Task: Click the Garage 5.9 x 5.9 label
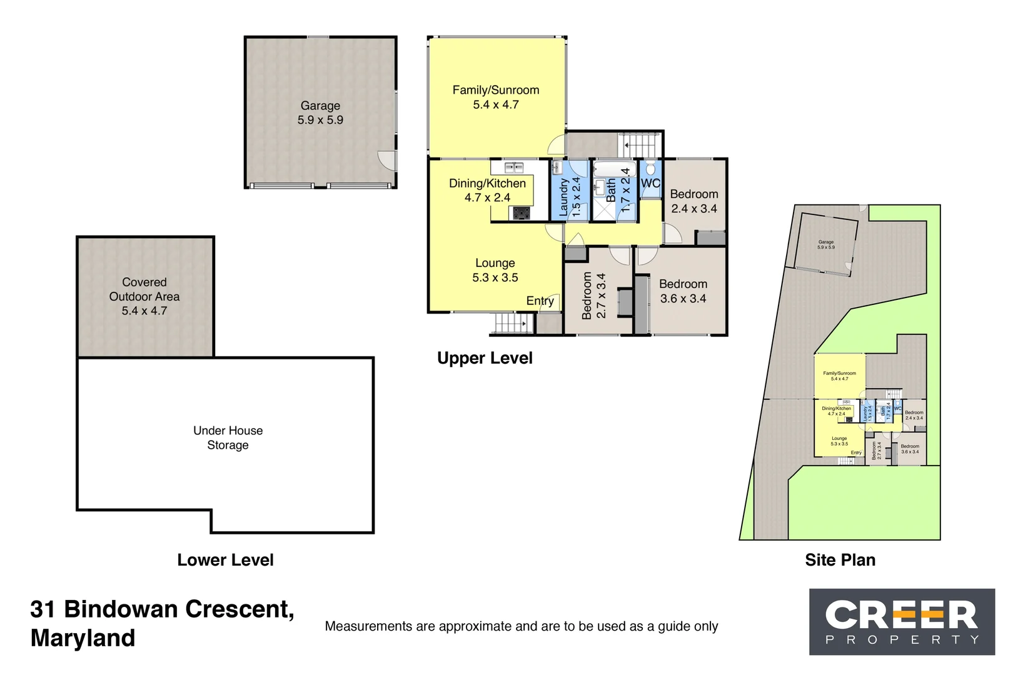coord(320,113)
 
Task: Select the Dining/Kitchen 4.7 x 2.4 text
coord(487,191)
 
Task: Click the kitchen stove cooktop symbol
coord(521,213)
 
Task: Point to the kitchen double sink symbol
coord(514,167)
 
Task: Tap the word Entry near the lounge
coord(540,301)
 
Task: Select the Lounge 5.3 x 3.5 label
coord(495,270)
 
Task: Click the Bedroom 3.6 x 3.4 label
coord(683,291)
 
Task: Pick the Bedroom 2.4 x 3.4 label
coord(693,201)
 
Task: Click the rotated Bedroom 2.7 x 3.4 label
coord(593,296)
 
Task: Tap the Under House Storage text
coord(228,437)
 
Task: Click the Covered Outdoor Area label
coord(144,296)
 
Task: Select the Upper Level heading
coord(485,358)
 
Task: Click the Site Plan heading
coord(840,560)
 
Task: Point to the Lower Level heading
coord(225,560)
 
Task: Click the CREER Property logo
coord(901,621)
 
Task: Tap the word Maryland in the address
coord(83,638)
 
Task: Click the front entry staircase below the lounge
coord(512,323)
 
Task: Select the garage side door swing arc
coord(386,160)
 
